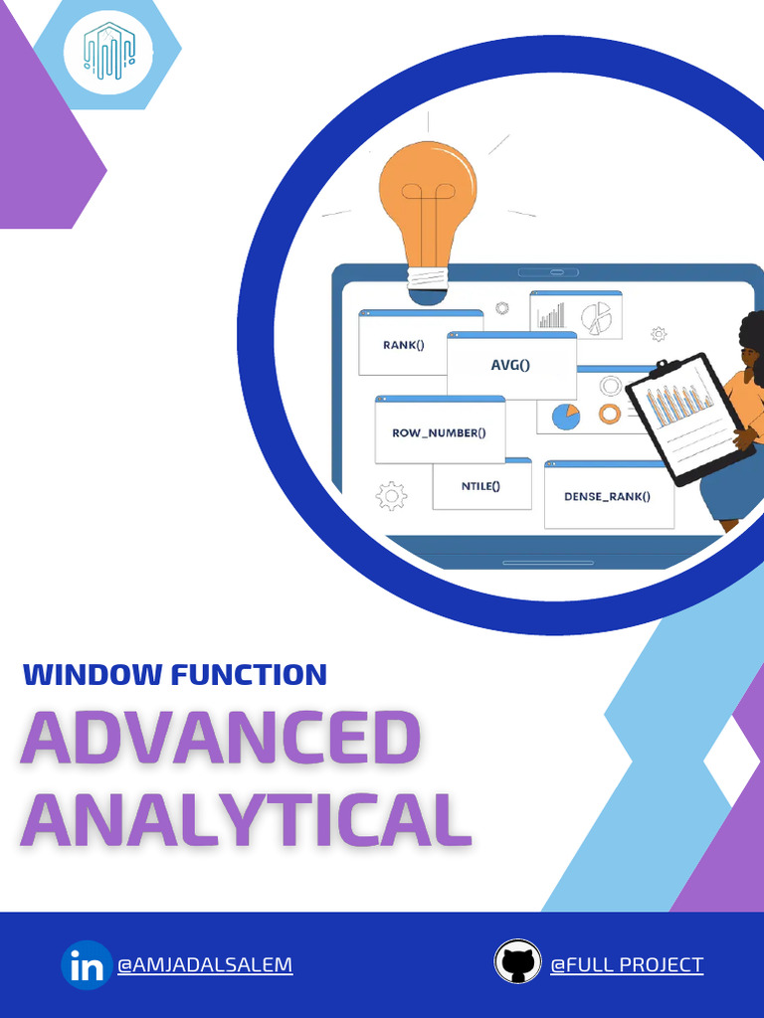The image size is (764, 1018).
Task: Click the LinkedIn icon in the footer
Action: pos(87,964)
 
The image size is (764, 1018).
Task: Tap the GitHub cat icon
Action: pos(517,962)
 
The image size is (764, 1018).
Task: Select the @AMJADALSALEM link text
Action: pos(205,964)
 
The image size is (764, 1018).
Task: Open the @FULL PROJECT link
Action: pos(627,964)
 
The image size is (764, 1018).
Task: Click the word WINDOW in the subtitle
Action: pos(93,675)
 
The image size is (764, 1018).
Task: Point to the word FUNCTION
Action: pos(249,675)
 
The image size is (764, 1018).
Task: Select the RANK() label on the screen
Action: pos(404,345)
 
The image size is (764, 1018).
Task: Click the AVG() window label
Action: pos(510,365)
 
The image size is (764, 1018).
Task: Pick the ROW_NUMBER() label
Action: pos(439,433)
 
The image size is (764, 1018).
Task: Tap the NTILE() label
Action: pos(480,485)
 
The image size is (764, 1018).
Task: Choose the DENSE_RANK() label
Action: pos(607,497)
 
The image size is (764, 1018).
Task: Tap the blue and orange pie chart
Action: pos(566,417)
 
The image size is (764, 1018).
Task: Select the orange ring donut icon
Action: pos(610,414)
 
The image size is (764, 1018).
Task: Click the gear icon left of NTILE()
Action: pos(391,496)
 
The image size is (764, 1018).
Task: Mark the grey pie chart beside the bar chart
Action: pos(596,318)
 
